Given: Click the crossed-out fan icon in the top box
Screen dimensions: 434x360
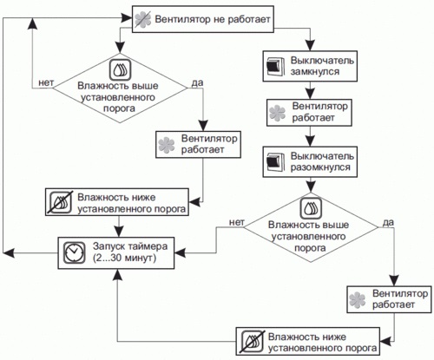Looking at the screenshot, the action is pos(143,20).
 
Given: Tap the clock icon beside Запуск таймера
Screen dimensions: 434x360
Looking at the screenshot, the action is pos(74,252).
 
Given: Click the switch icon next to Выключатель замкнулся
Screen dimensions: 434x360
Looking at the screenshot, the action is pos(275,66).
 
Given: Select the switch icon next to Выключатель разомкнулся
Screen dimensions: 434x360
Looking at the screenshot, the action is pos(275,162).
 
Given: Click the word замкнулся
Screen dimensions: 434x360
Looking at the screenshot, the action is pos(314,71).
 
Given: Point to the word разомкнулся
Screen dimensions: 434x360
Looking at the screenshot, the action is pos(320,167).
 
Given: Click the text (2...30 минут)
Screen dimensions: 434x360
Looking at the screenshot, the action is pos(124,258).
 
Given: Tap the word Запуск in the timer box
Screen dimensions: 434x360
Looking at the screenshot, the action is pos(108,247).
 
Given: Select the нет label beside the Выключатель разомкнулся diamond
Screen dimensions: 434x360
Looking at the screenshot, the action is pos(237,222).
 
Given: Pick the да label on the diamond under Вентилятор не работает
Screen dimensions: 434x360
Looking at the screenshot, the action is pos(197,82).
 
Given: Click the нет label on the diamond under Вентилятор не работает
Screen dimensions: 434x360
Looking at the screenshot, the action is pos(46,82).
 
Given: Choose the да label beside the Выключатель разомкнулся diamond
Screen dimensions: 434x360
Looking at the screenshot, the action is pos(388,222).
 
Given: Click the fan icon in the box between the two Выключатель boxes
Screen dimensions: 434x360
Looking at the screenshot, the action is pos(277,113).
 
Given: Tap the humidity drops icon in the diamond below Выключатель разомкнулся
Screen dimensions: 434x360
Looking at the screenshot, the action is pos(311,208).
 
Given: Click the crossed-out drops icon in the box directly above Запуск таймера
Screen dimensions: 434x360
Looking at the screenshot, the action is pos(61,202).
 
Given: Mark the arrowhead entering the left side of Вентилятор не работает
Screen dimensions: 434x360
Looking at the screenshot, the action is pos(127,18).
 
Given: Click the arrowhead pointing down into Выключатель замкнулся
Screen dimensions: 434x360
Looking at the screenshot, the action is pos(310,46).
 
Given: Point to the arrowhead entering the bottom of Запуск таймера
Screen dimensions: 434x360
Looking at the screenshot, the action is pos(117,275).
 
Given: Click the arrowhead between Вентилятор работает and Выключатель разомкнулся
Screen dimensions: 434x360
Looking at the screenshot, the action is pos(310,141).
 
